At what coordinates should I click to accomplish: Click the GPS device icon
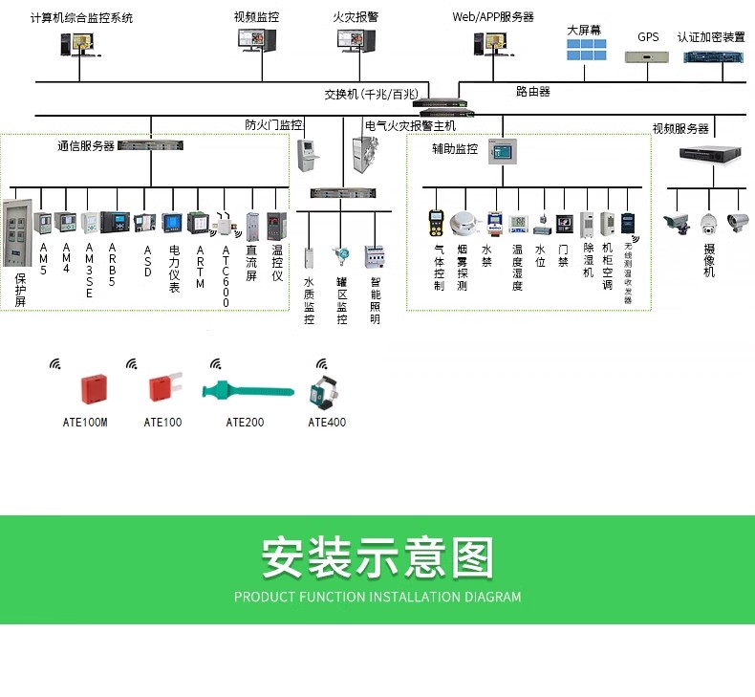[649, 56]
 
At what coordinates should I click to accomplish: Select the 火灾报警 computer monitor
[356, 41]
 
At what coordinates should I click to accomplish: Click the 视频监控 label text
[256, 17]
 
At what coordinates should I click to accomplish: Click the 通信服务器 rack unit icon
[150, 146]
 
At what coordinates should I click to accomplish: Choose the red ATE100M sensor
[92, 388]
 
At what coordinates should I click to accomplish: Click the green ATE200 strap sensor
[247, 391]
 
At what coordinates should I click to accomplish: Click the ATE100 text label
[162, 422]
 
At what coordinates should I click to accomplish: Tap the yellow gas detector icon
[436, 223]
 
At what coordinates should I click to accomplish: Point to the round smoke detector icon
[464, 223]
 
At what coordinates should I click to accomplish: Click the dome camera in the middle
[707, 224]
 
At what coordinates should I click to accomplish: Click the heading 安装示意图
[377, 557]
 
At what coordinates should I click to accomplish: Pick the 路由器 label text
[532, 92]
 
